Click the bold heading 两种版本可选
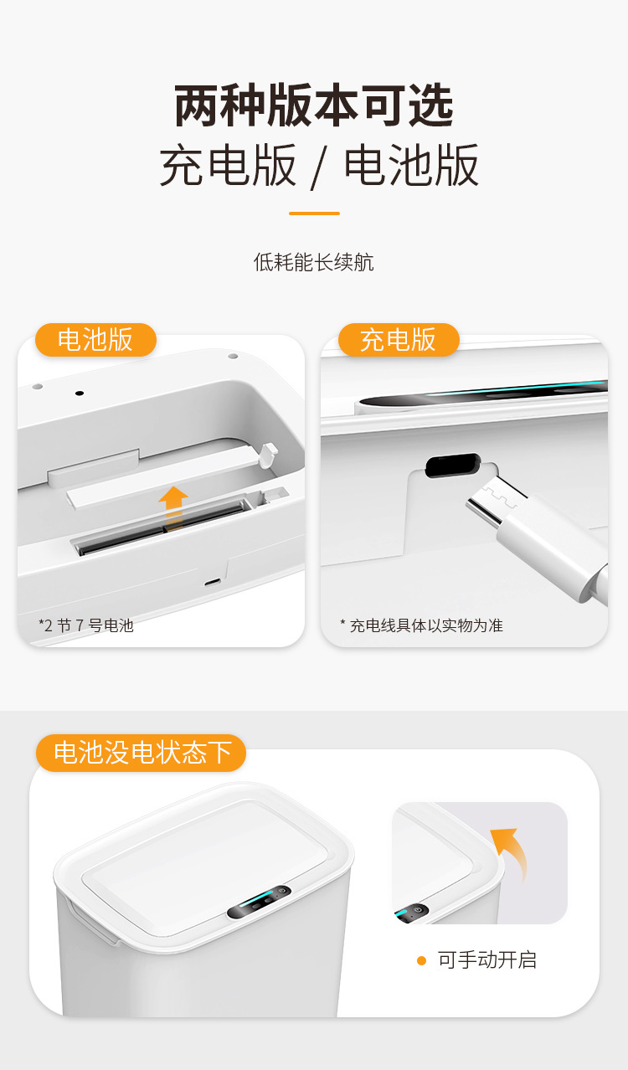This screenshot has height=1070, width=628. click(314, 105)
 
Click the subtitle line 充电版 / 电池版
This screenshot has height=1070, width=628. click(318, 165)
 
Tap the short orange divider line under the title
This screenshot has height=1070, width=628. click(314, 213)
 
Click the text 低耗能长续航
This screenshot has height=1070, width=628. click(314, 262)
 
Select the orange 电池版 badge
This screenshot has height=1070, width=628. click(95, 340)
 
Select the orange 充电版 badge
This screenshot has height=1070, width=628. click(399, 340)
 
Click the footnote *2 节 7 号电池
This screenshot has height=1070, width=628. click(86, 625)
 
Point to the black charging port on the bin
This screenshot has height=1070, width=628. click(453, 466)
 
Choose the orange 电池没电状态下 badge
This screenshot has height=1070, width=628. click(141, 753)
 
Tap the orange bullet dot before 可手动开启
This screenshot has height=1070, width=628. click(421, 960)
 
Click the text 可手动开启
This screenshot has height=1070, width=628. click(487, 960)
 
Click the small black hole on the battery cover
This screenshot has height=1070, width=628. click(80, 394)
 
